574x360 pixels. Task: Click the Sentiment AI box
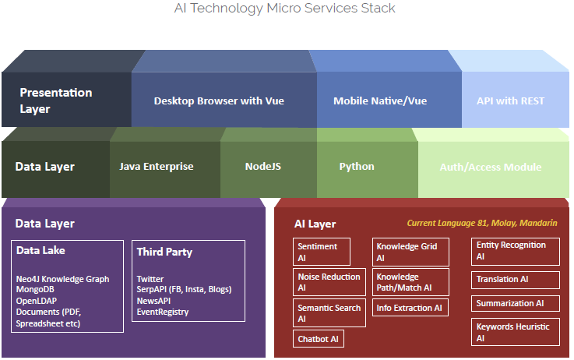click(322, 251)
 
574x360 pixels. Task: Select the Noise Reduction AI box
click(329, 281)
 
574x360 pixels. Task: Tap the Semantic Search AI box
click(329, 312)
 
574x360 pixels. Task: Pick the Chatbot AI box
click(319, 339)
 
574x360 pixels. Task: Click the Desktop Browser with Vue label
click(219, 101)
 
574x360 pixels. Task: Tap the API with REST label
click(510, 101)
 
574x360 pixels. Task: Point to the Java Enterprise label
click(157, 167)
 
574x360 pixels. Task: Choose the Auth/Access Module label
click(490, 167)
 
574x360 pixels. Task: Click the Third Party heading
click(164, 252)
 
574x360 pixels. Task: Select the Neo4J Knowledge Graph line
click(62, 279)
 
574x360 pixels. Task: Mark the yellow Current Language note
click(482, 223)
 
